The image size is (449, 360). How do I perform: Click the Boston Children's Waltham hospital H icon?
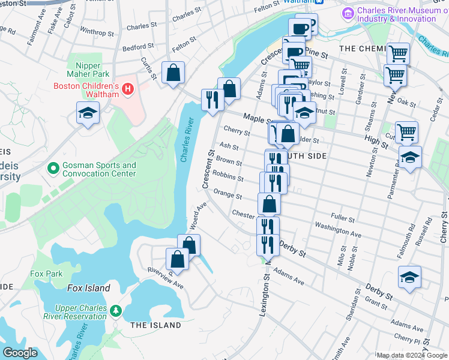(127, 90)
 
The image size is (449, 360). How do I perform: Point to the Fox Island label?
(89, 288)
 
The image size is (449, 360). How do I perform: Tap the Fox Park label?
(46, 274)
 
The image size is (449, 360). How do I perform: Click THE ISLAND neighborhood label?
(155, 325)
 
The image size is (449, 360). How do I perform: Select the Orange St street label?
(228, 195)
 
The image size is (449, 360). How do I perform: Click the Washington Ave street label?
(338, 230)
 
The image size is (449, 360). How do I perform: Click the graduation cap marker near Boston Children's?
(88, 113)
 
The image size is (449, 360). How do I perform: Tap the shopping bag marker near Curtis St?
(173, 73)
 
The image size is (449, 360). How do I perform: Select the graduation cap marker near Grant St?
(409, 277)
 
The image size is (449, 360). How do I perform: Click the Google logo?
(20, 353)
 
